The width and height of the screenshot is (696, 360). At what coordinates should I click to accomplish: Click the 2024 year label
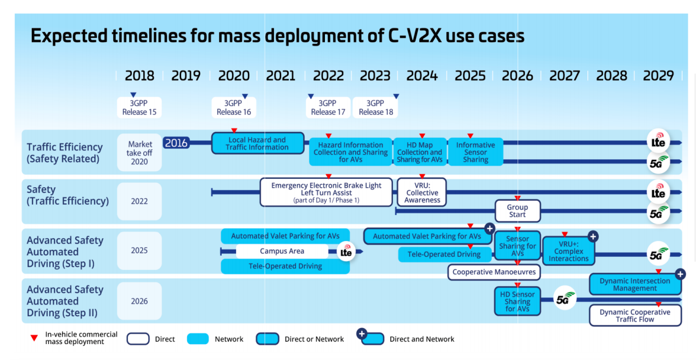tap(422, 76)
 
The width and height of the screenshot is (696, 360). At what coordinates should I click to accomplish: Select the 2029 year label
tap(658, 76)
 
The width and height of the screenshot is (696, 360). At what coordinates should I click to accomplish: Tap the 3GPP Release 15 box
tap(139, 108)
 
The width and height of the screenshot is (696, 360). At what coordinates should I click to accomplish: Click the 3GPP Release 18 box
tap(375, 108)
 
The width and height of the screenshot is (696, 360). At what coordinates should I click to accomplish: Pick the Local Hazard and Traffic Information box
tap(257, 143)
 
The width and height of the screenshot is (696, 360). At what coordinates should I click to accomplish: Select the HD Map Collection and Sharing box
tap(420, 152)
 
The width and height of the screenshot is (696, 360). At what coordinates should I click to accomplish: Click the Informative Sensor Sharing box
tap(475, 152)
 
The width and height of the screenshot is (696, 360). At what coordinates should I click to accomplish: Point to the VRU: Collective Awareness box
tap(422, 193)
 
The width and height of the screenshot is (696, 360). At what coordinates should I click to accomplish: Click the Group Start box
tap(517, 211)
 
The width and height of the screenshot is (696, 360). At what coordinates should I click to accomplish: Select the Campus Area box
tap(282, 251)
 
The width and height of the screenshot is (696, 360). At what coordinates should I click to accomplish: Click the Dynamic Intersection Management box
tap(635, 284)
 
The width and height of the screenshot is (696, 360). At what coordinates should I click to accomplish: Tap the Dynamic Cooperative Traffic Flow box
tap(635, 316)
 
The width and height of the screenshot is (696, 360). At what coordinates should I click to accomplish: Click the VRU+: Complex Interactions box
tap(569, 251)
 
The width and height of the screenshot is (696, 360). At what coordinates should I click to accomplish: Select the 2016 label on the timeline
tap(176, 143)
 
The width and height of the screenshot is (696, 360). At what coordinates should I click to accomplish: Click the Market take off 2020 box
tap(139, 153)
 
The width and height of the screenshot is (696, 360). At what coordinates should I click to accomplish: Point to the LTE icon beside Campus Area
tap(346, 252)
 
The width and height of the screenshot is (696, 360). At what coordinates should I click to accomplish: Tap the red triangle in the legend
tap(34, 339)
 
